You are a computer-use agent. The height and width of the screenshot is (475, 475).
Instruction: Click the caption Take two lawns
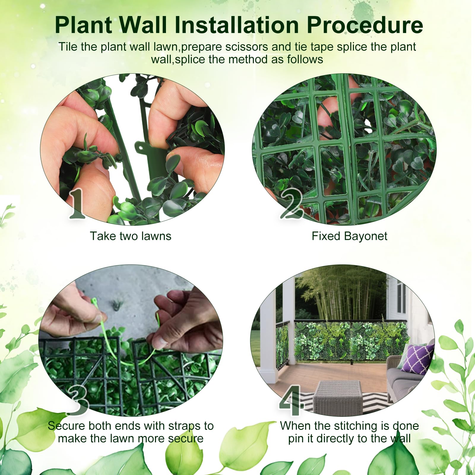point(131,236)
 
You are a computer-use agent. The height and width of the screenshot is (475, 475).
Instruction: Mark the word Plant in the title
point(83,25)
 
